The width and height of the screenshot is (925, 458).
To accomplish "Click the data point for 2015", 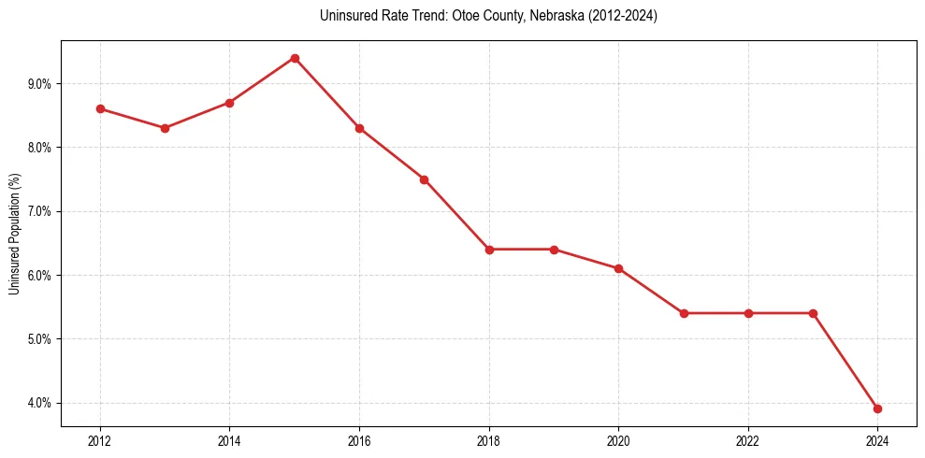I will (x=295, y=58).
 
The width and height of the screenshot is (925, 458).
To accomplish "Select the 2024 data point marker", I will (x=877, y=408).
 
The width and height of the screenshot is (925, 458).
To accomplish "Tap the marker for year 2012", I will (x=100, y=108).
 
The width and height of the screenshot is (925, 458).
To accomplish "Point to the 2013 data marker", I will (x=165, y=128).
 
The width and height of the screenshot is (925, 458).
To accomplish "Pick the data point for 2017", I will (x=424, y=179).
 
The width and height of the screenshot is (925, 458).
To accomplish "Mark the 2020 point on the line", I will (x=618, y=268).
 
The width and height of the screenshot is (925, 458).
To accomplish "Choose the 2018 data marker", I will (x=489, y=250).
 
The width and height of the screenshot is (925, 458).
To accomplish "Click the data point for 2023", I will (x=813, y=313).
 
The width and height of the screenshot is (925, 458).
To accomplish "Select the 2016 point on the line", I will (x=359, y=128).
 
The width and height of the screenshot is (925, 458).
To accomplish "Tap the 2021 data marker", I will (x=684, y=313).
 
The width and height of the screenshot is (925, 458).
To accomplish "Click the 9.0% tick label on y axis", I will (x=39, y=84).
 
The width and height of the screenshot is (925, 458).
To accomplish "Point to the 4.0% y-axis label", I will (x=39, y=403).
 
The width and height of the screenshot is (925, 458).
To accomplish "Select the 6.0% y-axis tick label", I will (x=39, y=276).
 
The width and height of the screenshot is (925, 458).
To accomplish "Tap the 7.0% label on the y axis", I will (x=39, y=211).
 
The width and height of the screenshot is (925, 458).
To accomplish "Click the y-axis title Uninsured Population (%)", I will (x=14, y=234).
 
